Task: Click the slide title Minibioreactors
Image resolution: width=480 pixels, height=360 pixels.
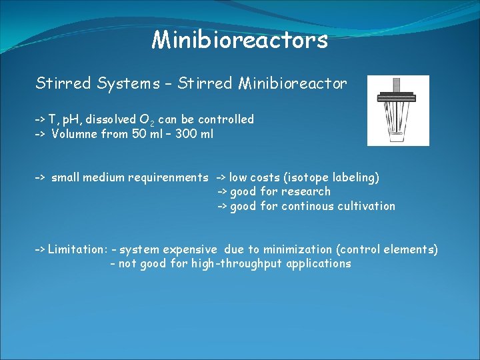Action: pos(240,40)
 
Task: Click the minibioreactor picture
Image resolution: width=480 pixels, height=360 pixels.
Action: pos(398,110)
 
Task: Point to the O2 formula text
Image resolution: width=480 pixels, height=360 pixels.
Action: pos(147,120)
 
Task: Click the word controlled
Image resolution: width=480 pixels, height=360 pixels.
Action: pos(226,119)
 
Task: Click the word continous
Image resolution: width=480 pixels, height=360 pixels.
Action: pos(306,206)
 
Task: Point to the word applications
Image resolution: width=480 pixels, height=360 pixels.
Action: pos(319,263)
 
